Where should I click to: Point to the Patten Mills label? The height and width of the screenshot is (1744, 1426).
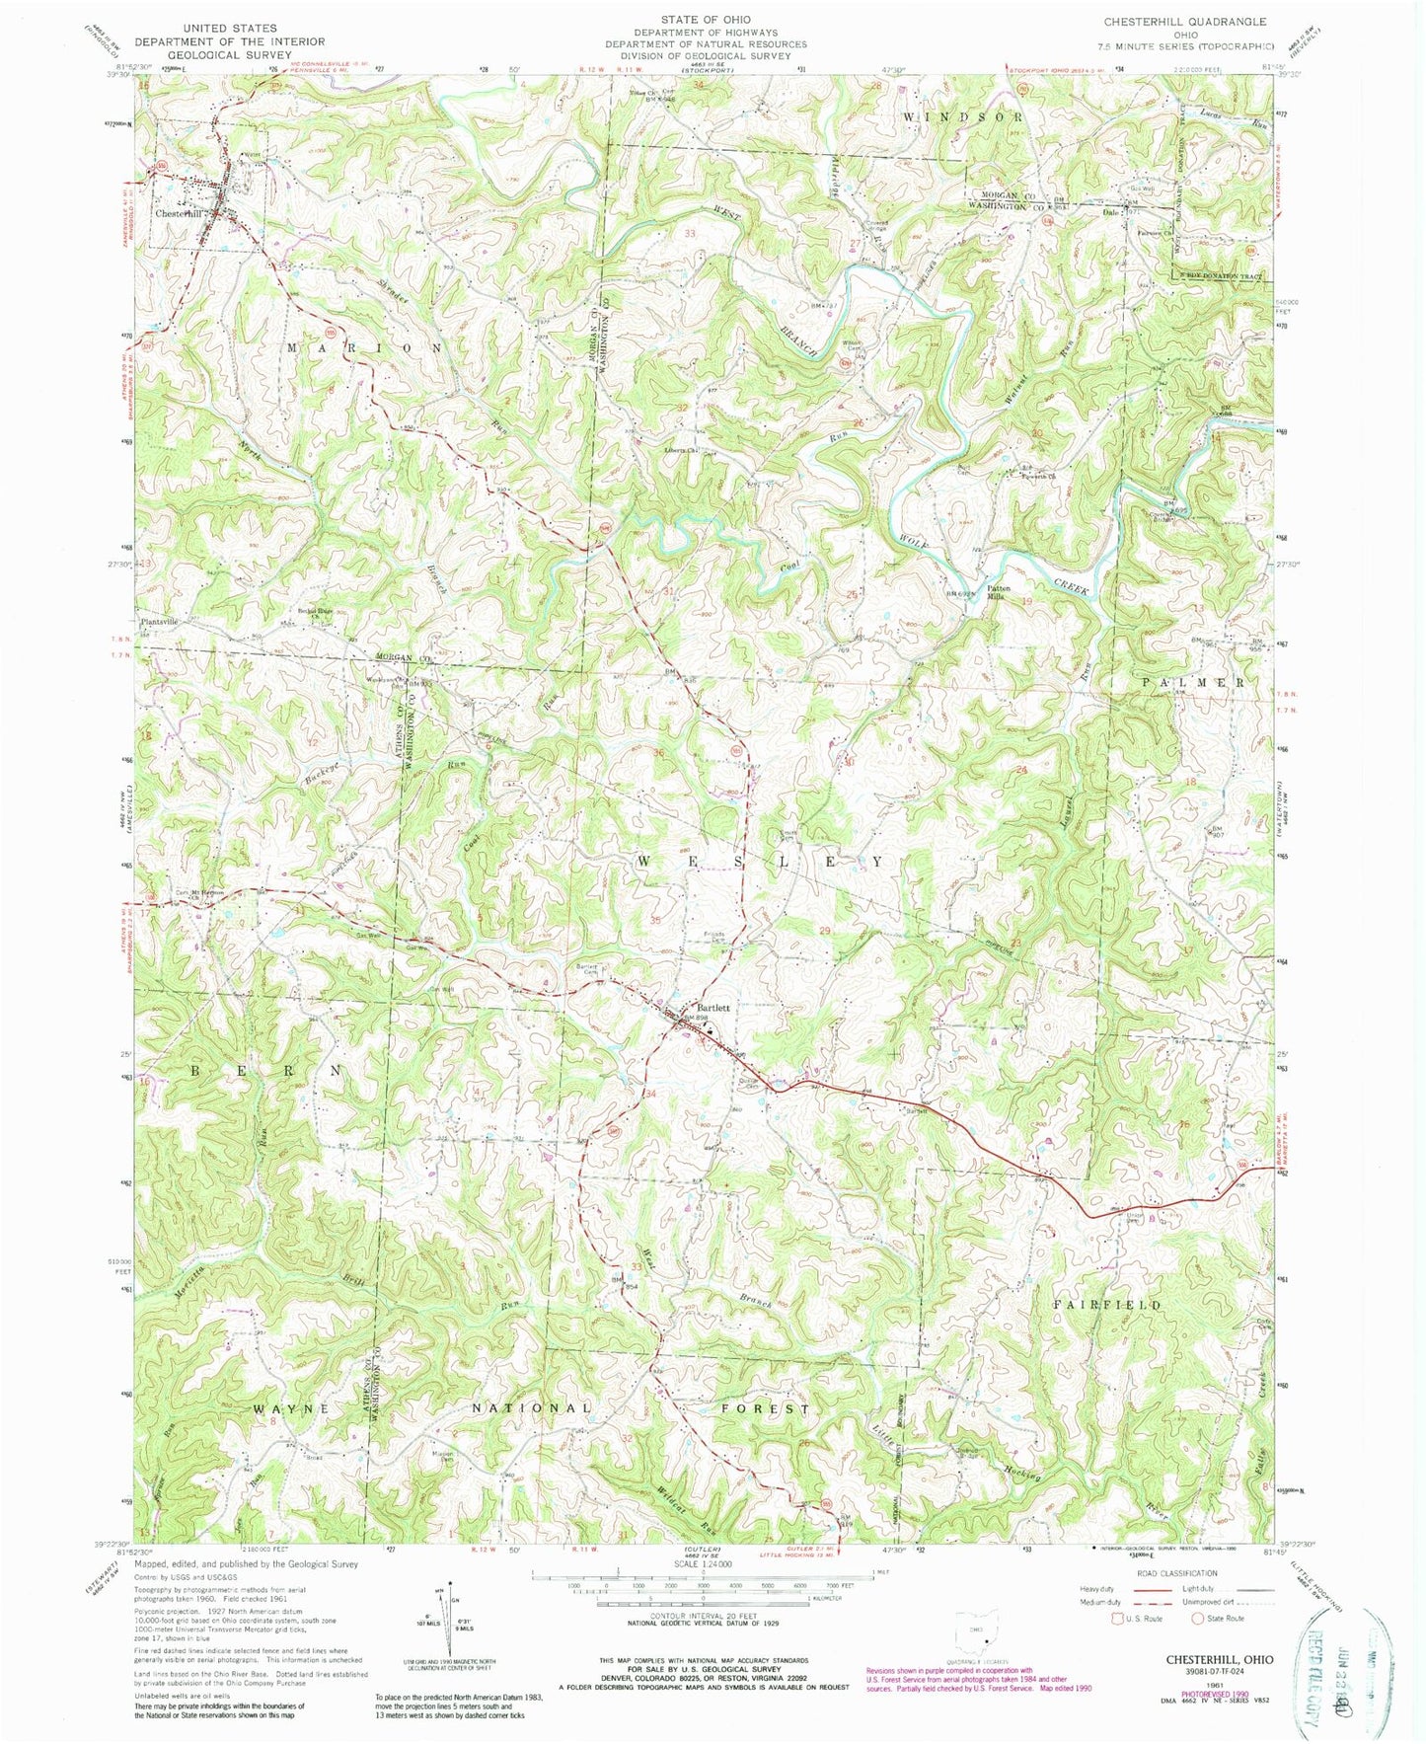tap(1005, 594)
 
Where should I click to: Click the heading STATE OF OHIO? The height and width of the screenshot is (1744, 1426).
tap(706, 20)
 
